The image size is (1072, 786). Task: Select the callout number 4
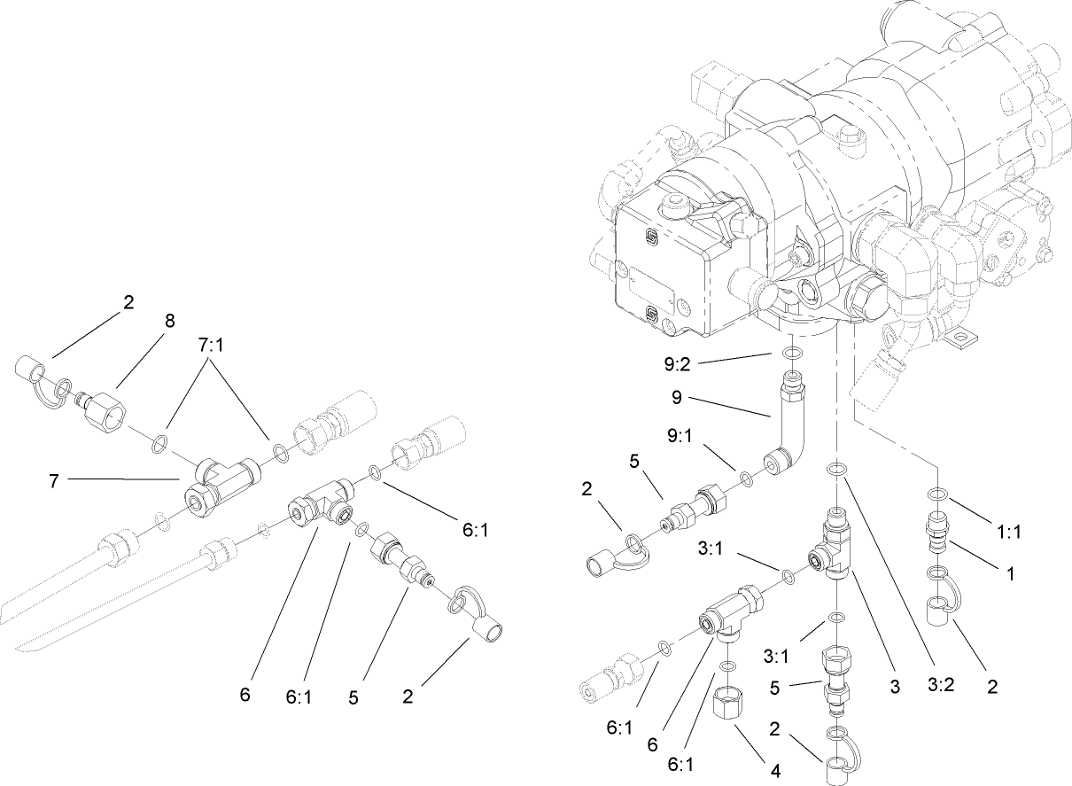click(775, 770)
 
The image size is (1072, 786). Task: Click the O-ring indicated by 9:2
click(793, 354)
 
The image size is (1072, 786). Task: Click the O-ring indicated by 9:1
click(747, 479)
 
